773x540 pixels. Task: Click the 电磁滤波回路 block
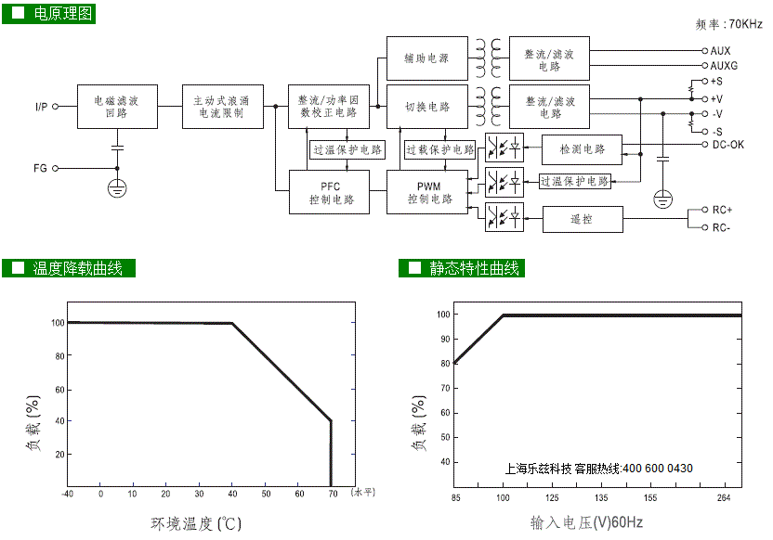[x=117, y=107]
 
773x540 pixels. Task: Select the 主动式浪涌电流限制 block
[x=223, y=107]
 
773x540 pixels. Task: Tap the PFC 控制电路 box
[x=329, y=192]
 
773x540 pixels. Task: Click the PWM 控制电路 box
[x=427, y=192]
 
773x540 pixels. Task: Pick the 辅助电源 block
[x=427, y=58]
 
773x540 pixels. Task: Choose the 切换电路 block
[x=427, y=107]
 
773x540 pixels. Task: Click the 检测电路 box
[x=582, y=149]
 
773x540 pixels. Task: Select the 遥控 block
[x=583, y=220]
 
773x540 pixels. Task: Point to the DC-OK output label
[x=728, y=145]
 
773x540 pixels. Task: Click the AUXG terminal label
[x=724, y=66]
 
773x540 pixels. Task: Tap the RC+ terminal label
[x=722, y=211]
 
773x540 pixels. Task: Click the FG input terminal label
[x=40, y=168]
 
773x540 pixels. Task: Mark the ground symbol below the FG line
[x=117, y=188]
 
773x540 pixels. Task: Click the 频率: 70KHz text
[x=728, y=23]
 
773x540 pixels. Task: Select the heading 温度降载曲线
[x=77, y=268]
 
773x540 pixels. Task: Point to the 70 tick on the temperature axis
[x=334, y=494]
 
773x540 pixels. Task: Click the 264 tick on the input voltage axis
[x=724, y=497]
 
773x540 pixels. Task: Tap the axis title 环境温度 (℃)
[x=196, y=523]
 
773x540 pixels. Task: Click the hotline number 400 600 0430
[x=658, y=469]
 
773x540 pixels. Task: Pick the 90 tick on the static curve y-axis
[x=445, y=340]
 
